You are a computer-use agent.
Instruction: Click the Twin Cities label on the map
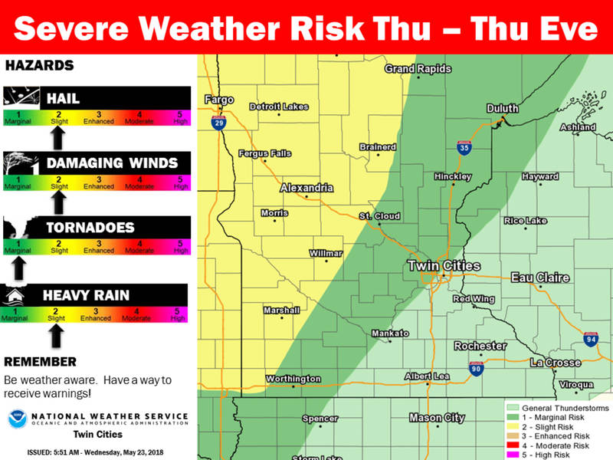[x=443, y=266]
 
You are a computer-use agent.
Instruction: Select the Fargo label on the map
[x=218, y=100]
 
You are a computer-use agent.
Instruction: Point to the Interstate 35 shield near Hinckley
[x=464, y=148]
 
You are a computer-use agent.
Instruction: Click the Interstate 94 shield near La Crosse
[x=590, y=338]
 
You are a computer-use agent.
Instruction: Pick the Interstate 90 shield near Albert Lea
[x=475, y=368]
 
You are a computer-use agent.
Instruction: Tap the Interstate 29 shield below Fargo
[x=219, y=123]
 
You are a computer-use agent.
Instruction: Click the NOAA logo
[x=18, y=419]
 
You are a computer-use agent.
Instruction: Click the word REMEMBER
[x=40, y=361]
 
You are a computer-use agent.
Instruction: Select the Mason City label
[x=436, y=418]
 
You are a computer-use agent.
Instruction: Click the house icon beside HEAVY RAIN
[x=17, y=295]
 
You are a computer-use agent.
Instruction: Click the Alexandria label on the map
[x=306, y=188]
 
